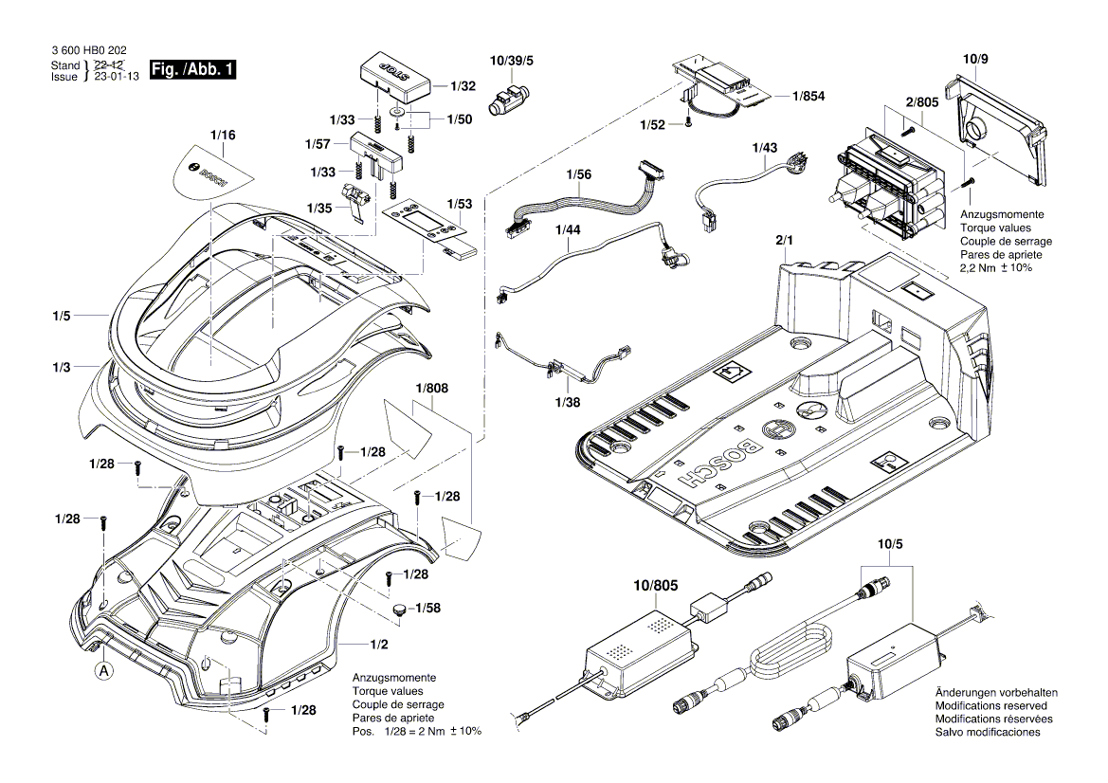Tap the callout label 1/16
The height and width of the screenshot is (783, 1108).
coord(223,136)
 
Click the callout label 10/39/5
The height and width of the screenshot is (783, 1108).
coord(512,61)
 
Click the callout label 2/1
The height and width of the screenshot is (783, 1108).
coord(785,243)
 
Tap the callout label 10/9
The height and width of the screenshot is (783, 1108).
coord(975,60)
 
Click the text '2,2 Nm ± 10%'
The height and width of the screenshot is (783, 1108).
coord(996,268)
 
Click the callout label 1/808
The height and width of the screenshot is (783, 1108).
coord(431,387)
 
